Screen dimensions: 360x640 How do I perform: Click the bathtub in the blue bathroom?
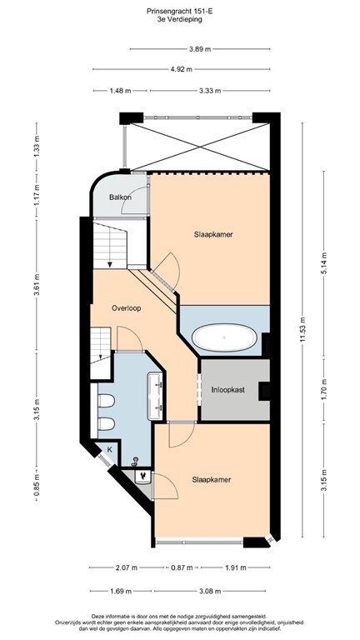coord(224,337)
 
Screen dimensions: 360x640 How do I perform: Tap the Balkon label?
coord(120,197)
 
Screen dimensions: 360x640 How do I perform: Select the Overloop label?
coord(127,308)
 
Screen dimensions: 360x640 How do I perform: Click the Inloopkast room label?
coord(228,390)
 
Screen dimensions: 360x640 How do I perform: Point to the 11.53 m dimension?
coord(302,330)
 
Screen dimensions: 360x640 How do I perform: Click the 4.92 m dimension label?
coord(182,69)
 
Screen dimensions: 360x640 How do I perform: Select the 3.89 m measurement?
coord(200,49)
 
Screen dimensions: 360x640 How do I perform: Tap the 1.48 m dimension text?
coord(120,91)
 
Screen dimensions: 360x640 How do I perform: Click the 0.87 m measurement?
coord(182,567)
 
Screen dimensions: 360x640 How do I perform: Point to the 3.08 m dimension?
coord(210,591)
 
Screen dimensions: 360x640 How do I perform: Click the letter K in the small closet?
coord(109,450)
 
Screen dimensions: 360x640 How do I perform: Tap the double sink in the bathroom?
coord(156,397)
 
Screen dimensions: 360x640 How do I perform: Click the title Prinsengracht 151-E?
coord(180,12)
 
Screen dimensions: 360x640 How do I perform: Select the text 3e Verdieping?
coord(180,19)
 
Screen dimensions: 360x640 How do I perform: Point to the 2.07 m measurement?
coord(122,567)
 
